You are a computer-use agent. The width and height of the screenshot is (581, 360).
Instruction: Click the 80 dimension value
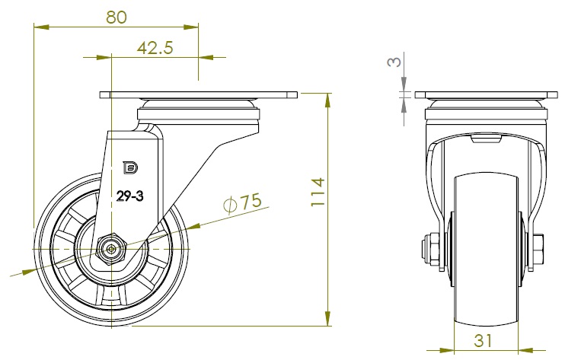[117, 17]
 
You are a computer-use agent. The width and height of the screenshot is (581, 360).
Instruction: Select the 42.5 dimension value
[155, 48]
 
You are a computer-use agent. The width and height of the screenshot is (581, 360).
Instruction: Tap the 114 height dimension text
[318, 193]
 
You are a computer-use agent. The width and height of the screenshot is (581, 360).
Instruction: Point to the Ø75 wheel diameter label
[242, 202]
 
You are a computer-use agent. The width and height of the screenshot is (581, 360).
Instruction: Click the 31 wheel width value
[483, 340]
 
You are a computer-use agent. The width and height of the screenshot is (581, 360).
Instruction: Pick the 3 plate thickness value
[394, 62]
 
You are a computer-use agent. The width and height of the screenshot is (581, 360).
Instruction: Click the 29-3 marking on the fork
[129, 196]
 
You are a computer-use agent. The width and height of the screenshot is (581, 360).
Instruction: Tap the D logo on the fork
[130, 167]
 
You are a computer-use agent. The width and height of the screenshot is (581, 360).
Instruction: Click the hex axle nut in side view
[110, 249]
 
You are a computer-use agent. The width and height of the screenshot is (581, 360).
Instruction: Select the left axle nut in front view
[430, 249]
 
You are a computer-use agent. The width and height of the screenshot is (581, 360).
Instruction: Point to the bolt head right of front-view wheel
[539, 250]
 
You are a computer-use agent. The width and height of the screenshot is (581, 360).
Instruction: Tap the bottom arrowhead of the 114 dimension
[327, 319]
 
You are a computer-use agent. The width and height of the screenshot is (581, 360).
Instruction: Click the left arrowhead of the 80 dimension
[41, 27]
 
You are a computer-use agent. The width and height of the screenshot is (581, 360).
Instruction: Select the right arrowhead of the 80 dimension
[191, 27]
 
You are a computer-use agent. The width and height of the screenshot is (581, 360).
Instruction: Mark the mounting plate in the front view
[486, 95]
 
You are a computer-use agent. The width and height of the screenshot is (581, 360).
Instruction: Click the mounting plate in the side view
[199, 95]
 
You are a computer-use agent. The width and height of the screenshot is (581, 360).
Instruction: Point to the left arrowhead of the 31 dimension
[446, 349]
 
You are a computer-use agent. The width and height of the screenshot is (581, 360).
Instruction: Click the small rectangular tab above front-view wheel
[485, 139]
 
